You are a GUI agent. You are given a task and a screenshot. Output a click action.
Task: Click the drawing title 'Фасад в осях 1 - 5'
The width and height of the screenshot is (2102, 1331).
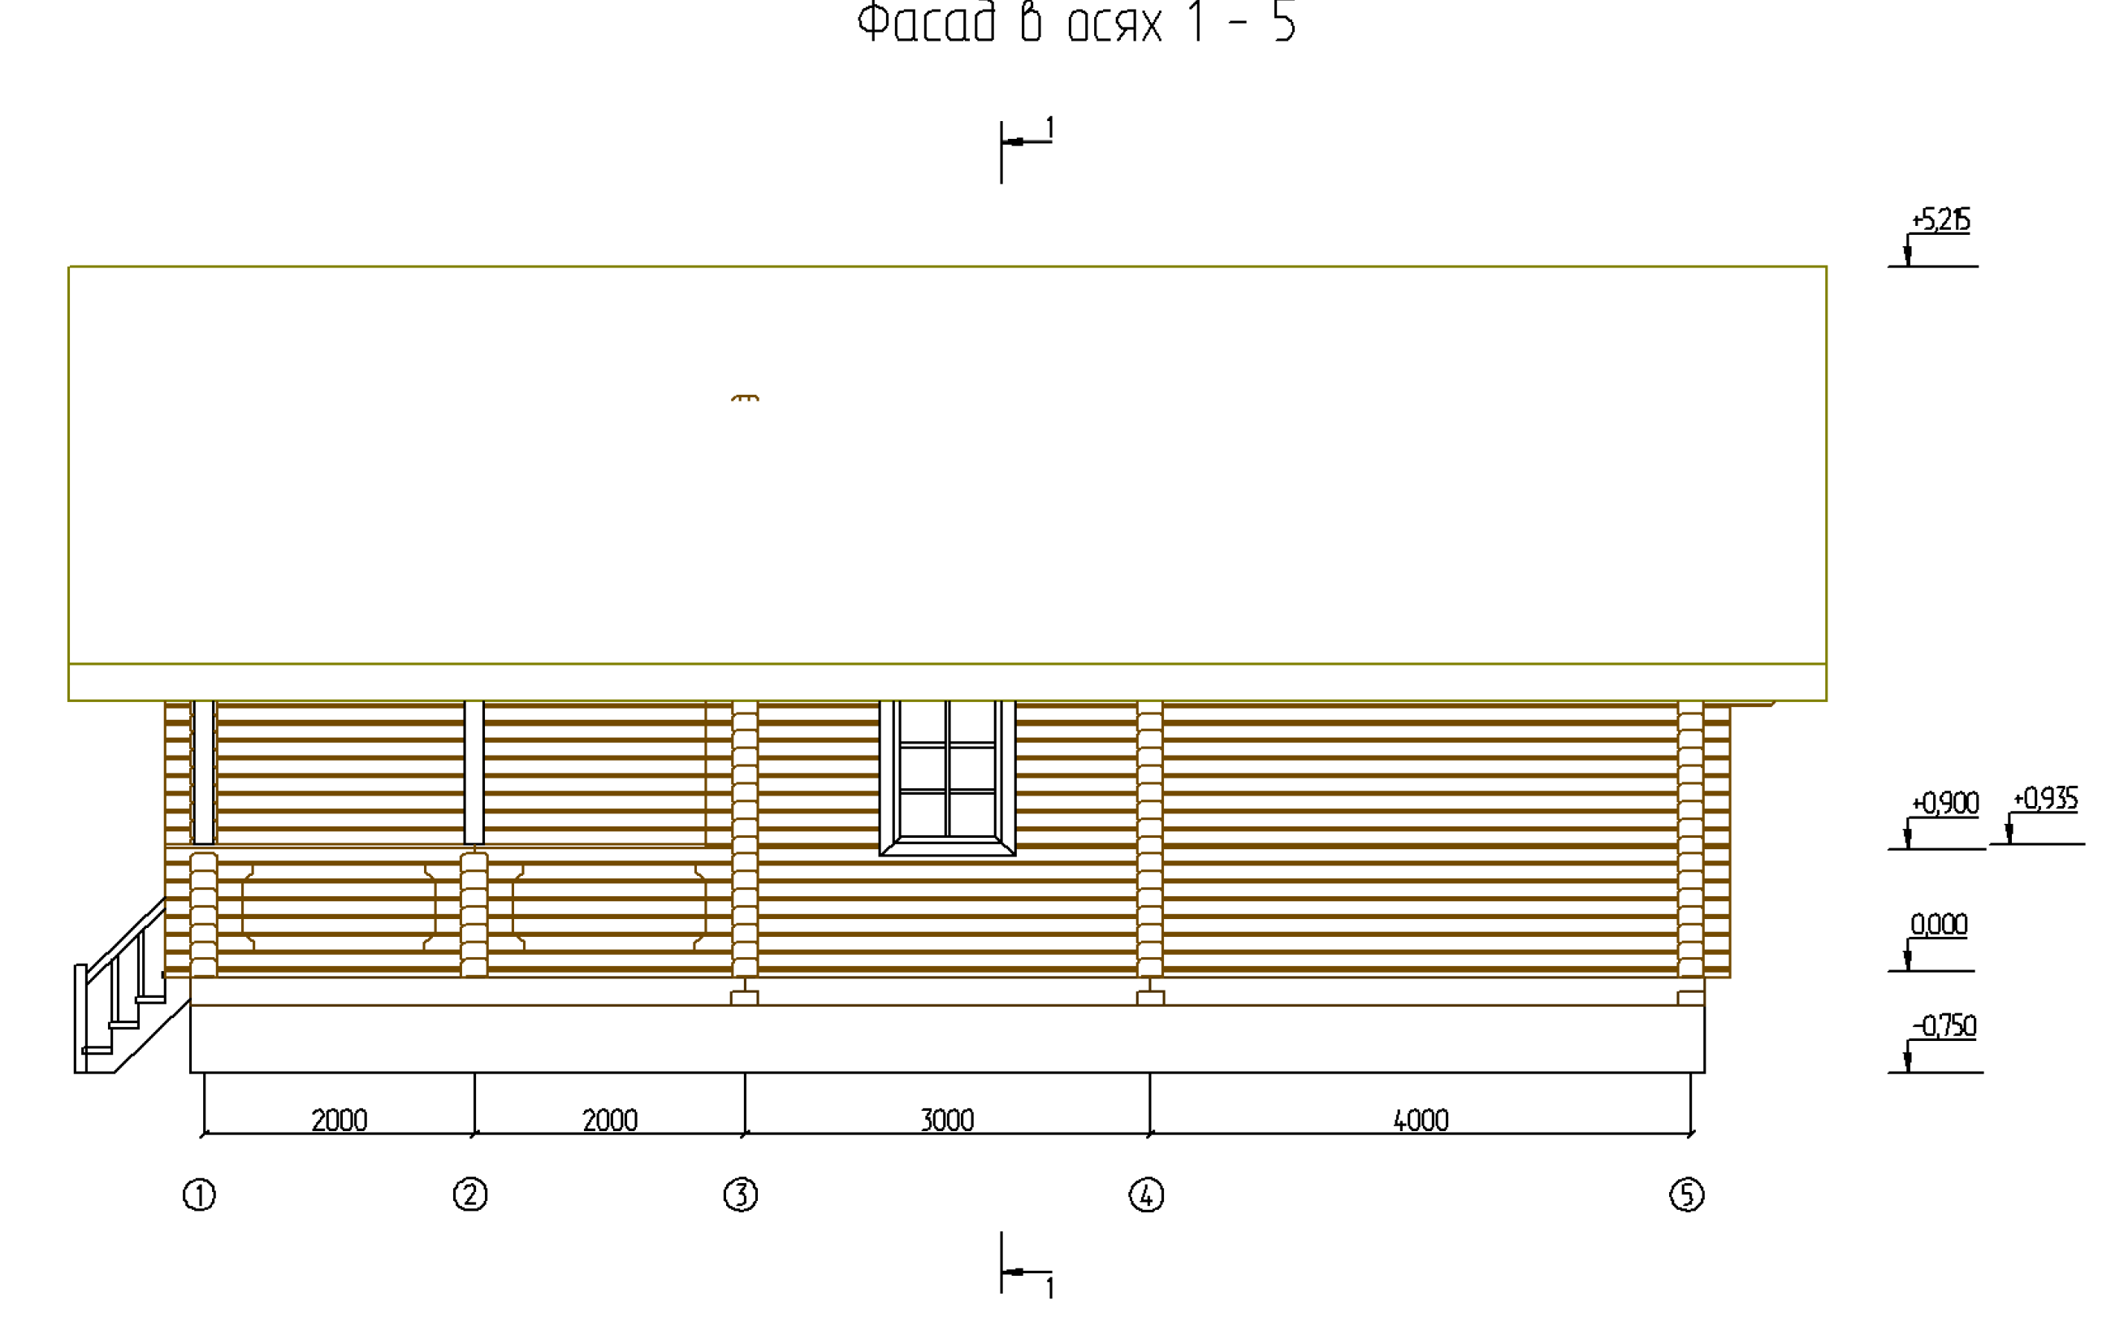pyautogui.click(x=1076, y=23)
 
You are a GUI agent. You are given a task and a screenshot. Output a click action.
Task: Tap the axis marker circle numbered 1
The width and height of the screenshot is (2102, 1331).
pyautogui.click(x=199, y=1194)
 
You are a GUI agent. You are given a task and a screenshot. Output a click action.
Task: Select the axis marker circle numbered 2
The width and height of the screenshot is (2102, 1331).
pyautogui.click(x=470, y=1194)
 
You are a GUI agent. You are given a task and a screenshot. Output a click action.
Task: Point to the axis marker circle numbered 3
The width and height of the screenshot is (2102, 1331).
pyautogui.click(x=741, y=1194)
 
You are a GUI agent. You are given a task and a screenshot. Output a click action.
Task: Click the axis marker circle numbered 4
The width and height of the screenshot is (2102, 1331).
pyautogui.click(x=1146, y=1194)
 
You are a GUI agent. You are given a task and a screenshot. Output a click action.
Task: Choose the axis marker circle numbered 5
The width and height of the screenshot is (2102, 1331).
pyautogui.click(x=1686, y=1194)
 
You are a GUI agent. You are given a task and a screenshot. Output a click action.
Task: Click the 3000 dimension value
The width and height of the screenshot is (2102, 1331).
pyautogui.click(x=947, y=1120)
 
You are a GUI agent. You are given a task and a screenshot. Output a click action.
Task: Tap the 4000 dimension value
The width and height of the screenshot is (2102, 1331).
pyautogui.click(x=1421, y=1120)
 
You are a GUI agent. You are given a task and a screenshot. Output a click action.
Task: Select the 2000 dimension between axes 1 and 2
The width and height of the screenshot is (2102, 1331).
pyautogui.click(x=340, y=1120)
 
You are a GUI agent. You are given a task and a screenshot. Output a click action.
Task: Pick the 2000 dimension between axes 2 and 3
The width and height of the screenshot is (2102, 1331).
pyautogui.click(x=610, y=1120)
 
